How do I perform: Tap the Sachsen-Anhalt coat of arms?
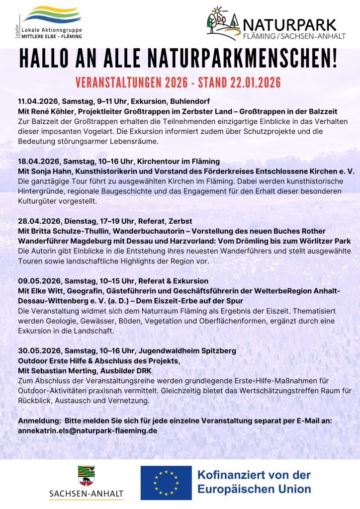86,475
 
